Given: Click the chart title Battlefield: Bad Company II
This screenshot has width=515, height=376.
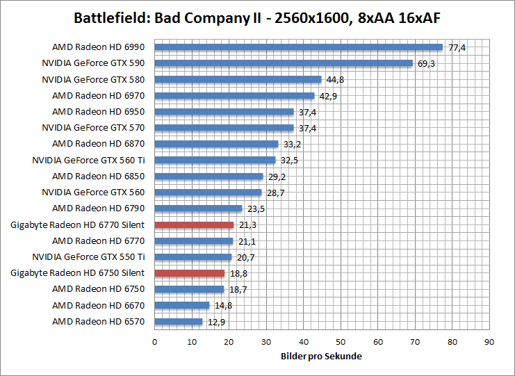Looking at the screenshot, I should click(x=258, y=17).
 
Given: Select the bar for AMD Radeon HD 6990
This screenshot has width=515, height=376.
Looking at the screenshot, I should click(x=298, y=47).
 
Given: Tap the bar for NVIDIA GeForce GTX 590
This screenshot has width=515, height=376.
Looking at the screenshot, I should click(x=283, y=63).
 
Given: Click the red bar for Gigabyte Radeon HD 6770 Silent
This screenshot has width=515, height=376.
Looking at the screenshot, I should click(x=194, y=224).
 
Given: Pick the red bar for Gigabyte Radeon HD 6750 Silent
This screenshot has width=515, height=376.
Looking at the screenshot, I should click(x=189, y=273).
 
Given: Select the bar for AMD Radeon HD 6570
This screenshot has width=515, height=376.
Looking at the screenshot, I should click(x=178, y=322).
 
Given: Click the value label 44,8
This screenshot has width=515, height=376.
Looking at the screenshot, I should click(x=336, y=79).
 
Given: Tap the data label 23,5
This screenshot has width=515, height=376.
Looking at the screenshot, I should click(x=256, y=209).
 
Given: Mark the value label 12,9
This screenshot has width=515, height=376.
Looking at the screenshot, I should click(x=216, y=322).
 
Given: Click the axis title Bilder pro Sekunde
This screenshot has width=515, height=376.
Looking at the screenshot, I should click(x=322, y=356).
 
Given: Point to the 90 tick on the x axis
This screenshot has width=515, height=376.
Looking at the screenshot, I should click(x=489, y=341).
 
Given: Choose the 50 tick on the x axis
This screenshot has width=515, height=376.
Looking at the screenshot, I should click(x=341, y=341).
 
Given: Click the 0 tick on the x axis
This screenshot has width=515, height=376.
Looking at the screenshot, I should click(x=154, y=341).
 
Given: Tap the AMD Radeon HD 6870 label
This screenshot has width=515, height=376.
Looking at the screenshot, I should click(x=98, y=144).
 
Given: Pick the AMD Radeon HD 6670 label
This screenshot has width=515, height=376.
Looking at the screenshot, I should click(x=98, y=305).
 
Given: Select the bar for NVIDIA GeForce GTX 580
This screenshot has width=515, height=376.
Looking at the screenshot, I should click(x=238, y=79).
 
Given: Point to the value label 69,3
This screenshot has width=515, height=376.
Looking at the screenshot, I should click(x=427, y=63).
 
